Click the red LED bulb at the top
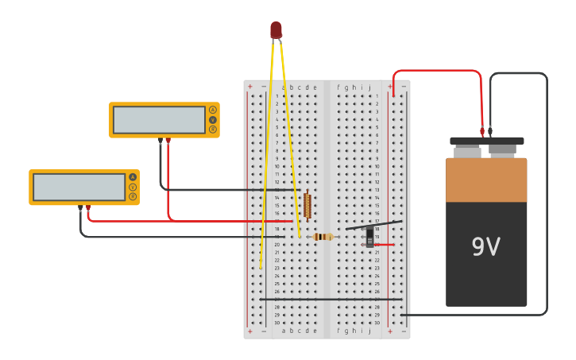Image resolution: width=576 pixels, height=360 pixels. pos(276,30)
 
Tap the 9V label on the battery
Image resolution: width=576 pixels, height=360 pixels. pos(485,247)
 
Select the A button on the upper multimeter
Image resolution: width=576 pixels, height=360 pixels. pos(213,110)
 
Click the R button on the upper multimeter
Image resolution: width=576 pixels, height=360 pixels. pos(213,129)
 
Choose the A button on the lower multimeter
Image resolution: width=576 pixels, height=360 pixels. pos(133,177)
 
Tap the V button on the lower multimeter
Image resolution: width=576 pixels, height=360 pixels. pos(133,187)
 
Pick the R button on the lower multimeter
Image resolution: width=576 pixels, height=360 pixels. pos(133,196)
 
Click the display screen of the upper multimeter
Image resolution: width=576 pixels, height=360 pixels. pos(159,120)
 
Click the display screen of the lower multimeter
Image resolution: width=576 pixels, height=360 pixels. pos(79,187)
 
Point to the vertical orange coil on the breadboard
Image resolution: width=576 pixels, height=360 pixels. pos(307,205)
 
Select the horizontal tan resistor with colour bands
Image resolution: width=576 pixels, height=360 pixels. pos(323,236)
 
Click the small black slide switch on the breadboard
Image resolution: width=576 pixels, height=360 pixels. pos(369,236)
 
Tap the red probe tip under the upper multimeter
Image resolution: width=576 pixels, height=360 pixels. pos(168,141)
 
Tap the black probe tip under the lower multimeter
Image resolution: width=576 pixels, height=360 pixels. pos(80,207)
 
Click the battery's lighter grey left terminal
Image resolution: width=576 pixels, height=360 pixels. pos(467,150)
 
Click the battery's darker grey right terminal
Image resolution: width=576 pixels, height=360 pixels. pos(502,149)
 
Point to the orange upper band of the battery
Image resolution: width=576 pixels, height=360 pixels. pos(486,180)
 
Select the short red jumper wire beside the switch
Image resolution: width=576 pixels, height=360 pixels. pos(384,244)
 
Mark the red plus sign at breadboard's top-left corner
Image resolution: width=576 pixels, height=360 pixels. pos(249,87)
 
